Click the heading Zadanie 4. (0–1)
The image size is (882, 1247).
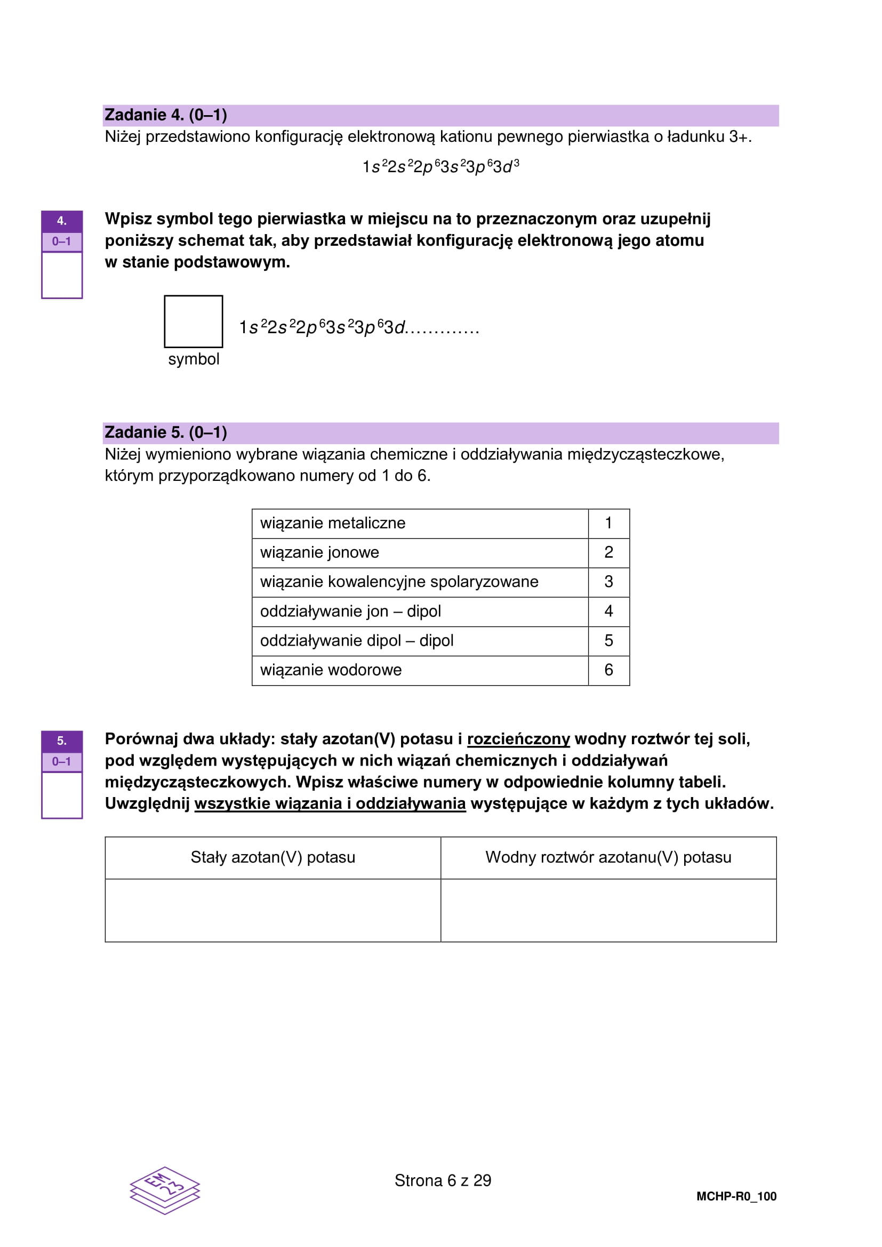click(166, 115)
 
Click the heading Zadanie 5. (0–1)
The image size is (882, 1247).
click(166, 432)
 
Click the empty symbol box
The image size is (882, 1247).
click(194, 321)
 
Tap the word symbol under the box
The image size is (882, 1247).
click(194, 359)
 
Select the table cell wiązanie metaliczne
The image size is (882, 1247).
click(419, 524)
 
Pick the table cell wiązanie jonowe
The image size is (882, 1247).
click(419, 553)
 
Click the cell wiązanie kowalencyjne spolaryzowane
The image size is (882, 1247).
click(419, 582)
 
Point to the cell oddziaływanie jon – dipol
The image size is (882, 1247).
click(419, 612)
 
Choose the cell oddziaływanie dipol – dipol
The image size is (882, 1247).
click(419, 641)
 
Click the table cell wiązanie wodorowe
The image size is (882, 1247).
click(419, 670)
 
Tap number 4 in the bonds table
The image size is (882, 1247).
click(609, 612)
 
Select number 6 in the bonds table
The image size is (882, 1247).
click(609, 670)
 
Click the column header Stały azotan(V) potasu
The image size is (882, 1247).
click(272, 858)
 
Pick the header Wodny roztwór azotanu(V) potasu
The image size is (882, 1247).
click(608, 858)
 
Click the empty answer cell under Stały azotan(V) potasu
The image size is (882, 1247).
click(272, 910)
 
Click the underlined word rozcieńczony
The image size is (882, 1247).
click(518, 739)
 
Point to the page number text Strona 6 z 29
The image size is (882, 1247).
click(443, 1180)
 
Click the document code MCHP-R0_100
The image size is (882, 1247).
click(736, 1196)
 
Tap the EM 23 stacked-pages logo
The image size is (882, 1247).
click(165, 1190)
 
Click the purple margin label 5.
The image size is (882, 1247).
click(62, 741)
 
